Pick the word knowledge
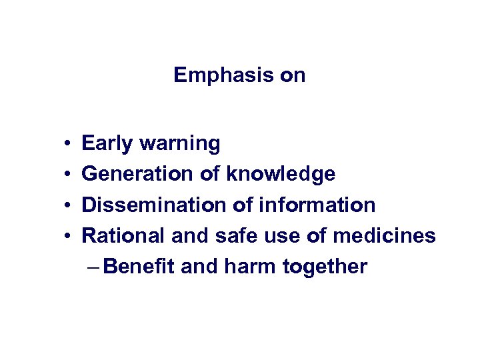(281, 174)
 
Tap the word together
(325, 267)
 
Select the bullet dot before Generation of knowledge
(69, 175)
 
